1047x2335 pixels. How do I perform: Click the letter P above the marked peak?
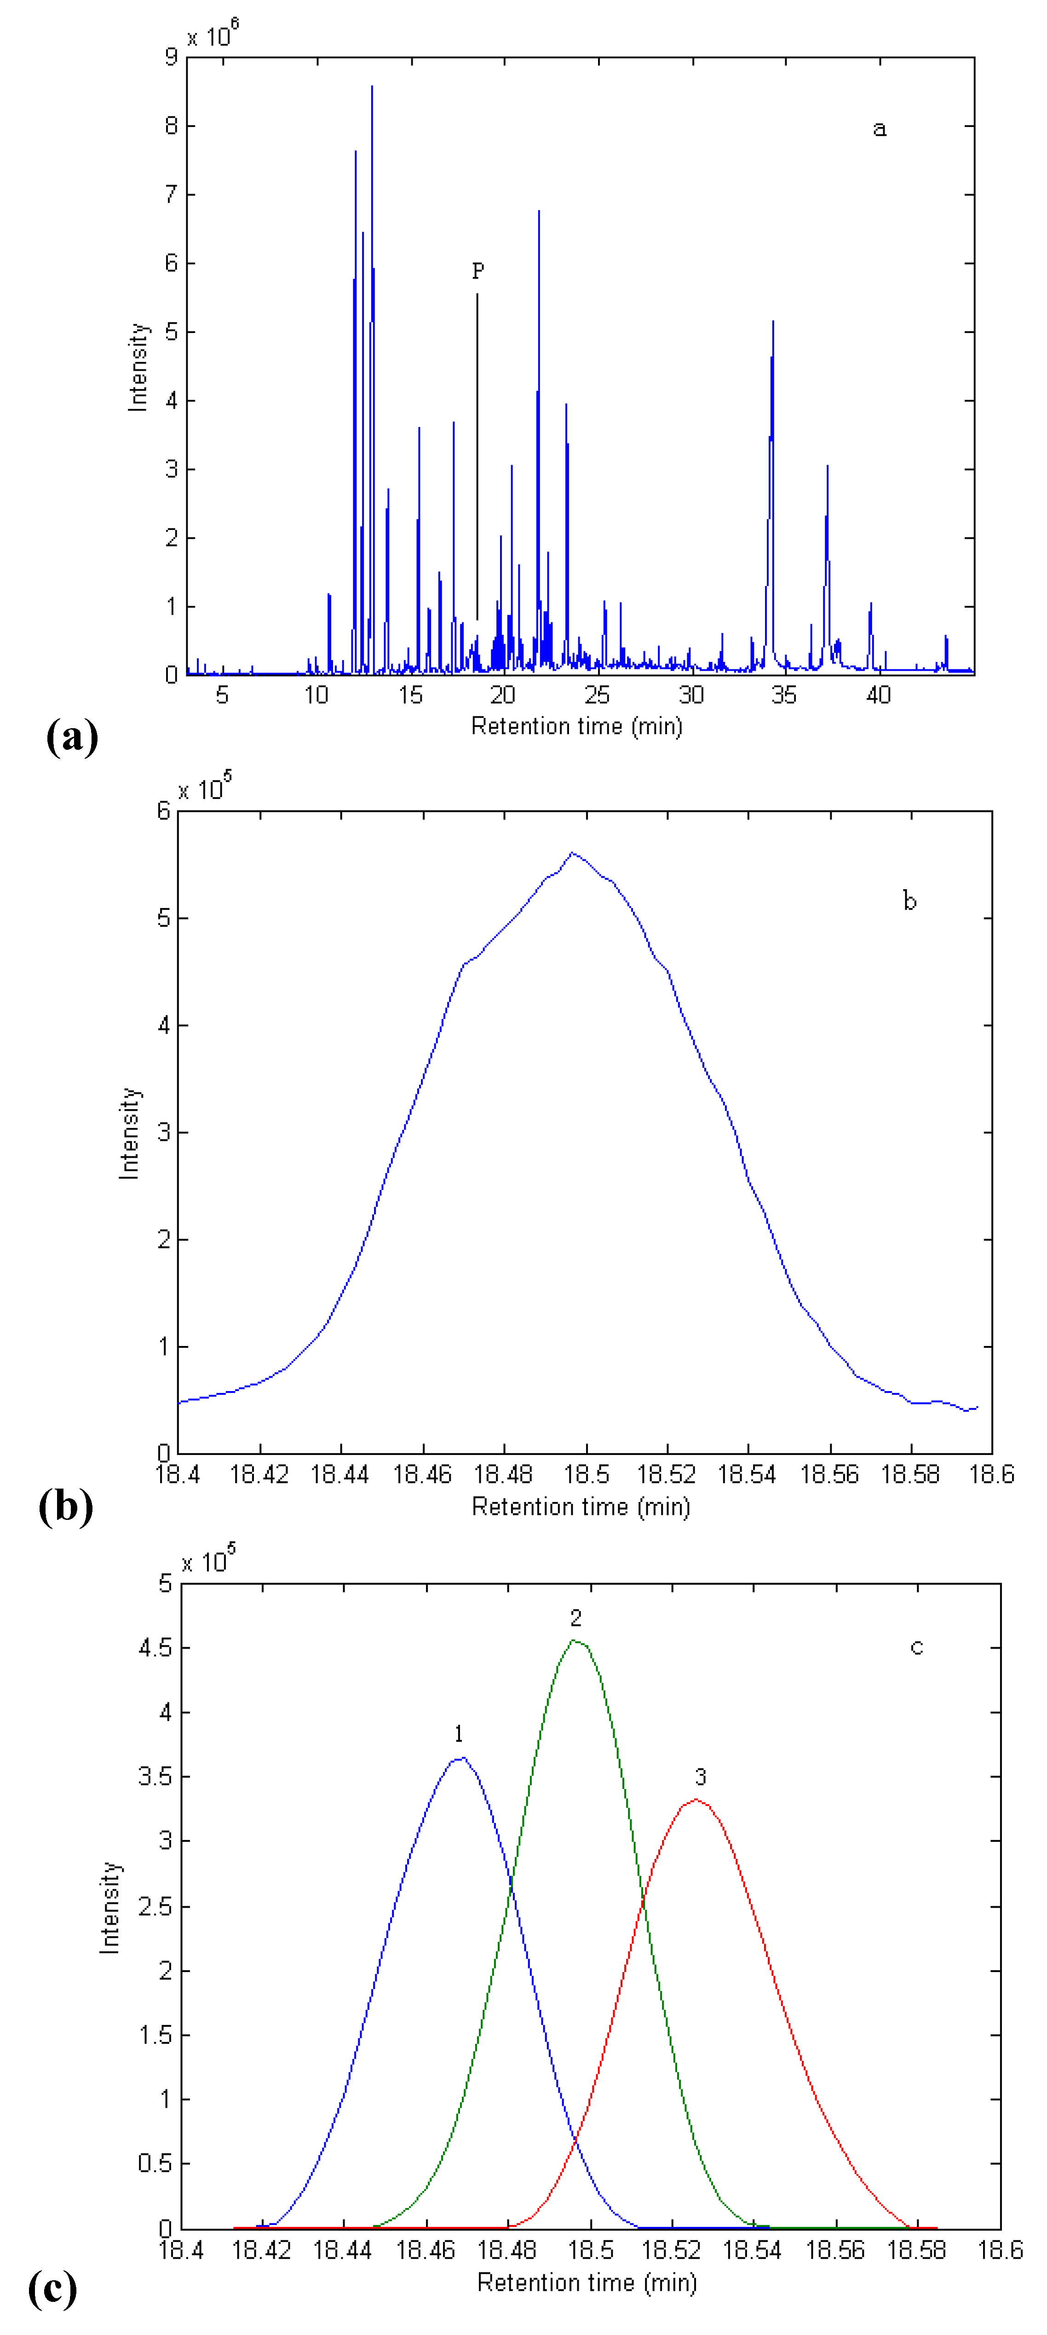(x=477, y=270)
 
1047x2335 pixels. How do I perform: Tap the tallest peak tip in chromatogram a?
(x=372, y=87)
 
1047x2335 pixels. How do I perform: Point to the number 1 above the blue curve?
(x=459, y=1734)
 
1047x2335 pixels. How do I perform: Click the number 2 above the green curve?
(x=575, y=1618)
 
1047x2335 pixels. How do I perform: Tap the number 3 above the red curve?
(x=700, y=1777)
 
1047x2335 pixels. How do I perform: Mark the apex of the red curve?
(x=695, y=1799)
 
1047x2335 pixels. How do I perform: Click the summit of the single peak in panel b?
(x=572, y=853)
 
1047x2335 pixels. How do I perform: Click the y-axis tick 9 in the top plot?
(x=170, y=57)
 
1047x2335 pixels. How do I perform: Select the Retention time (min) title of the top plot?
(x=576, y=726)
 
